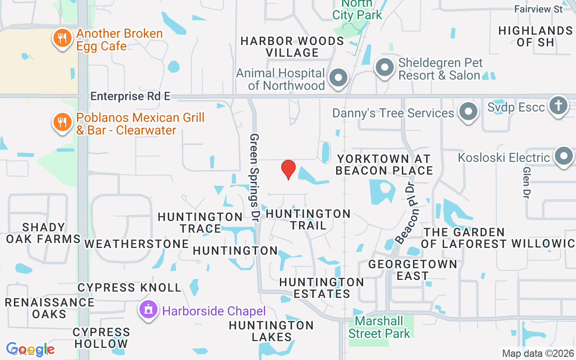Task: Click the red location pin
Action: [288, 169]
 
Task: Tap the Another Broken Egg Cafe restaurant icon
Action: [63, 38]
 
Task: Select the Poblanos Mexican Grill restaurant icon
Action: [63, 122]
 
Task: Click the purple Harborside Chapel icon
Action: [148, 310]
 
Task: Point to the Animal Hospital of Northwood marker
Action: [338, 78]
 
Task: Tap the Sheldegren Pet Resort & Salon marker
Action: [384, 68]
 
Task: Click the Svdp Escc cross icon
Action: [558, 105]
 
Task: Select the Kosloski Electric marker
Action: [563, 156]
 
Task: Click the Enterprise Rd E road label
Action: [130, 96]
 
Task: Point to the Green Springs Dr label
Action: [255, 177]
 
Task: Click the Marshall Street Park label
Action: [379, 327]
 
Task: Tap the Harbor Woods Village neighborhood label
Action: [292, 47]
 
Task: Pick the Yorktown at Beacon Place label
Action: [384, 165]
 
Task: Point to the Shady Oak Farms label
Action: [43, 233]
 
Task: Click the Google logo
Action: [30, 349]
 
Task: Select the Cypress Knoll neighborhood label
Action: [129, 288]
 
